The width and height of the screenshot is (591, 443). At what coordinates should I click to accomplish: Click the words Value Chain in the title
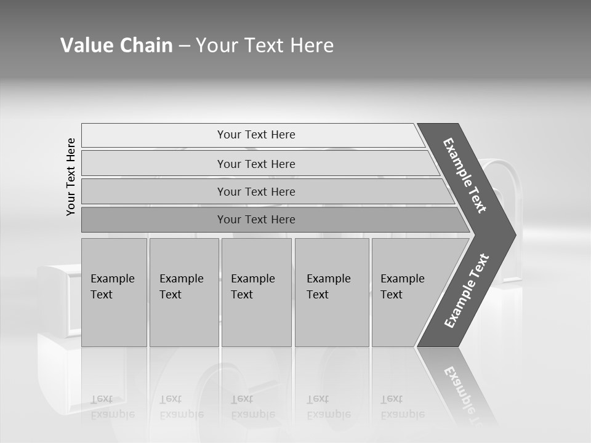116,46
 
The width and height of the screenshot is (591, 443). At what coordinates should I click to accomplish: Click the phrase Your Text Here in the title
265,46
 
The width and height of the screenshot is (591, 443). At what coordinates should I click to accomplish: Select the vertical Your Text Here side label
71,177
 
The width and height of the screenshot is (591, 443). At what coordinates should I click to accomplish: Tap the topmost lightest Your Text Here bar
256,135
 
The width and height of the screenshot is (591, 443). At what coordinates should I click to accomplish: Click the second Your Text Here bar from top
256,164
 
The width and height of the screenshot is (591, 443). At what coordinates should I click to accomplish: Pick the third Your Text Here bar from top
256,191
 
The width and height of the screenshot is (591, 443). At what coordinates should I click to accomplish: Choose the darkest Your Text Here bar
256,220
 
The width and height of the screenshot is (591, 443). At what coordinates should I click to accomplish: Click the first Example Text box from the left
114,292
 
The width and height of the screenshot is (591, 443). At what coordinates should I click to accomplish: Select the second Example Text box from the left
183,292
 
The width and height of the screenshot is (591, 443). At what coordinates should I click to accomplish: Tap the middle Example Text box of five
256,292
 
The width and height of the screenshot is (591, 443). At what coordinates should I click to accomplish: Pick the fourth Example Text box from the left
331,292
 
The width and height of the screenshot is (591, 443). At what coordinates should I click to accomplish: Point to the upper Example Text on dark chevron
465,175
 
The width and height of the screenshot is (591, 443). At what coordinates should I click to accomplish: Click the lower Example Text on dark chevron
467,290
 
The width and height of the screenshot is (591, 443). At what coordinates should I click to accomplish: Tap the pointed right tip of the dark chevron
512,234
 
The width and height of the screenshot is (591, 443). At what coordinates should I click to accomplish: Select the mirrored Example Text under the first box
112,407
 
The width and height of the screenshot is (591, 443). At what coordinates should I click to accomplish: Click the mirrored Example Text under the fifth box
403,407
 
